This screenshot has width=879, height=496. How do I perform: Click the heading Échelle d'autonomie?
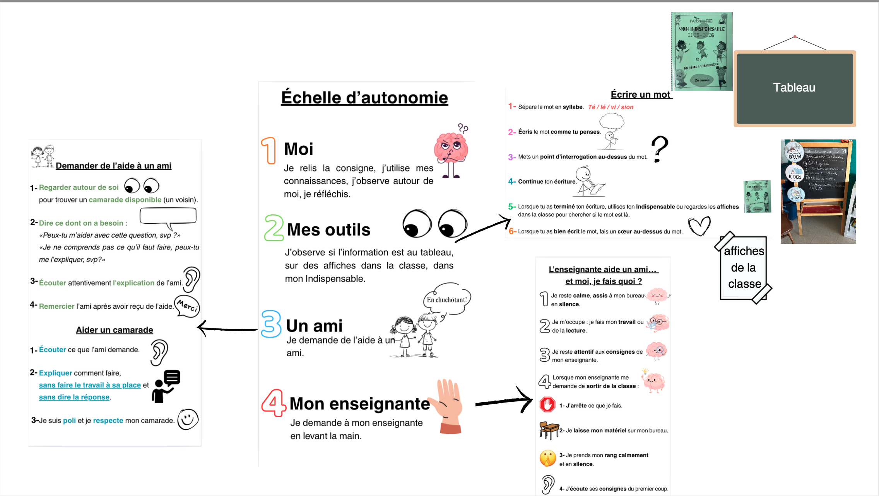[364, 98]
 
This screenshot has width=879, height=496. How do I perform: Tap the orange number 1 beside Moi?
[269, 150]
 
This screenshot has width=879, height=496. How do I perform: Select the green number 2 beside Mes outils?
[274, 228]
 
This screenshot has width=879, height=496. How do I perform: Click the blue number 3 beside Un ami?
[271, 324]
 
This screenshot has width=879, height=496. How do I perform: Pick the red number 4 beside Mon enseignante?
[274, 403]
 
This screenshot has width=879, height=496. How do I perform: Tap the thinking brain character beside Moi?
[451, 151]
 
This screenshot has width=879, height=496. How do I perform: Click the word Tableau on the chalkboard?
[794, 88]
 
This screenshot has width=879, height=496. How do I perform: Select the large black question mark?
[660, 149]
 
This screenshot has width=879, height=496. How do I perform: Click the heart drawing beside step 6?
[699, 226]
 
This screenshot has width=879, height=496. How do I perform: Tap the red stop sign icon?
[547, 405]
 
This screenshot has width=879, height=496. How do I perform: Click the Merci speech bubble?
[187, 306]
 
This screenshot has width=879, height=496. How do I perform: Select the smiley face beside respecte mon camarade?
[188, 420]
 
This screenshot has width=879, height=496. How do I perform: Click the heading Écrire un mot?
[640, 95]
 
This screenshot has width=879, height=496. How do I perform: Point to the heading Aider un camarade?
[115, 330]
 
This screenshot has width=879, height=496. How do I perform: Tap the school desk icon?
[549, 430]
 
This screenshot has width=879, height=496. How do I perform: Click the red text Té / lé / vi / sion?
[611, 107]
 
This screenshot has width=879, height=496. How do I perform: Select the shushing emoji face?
[547, 459]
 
